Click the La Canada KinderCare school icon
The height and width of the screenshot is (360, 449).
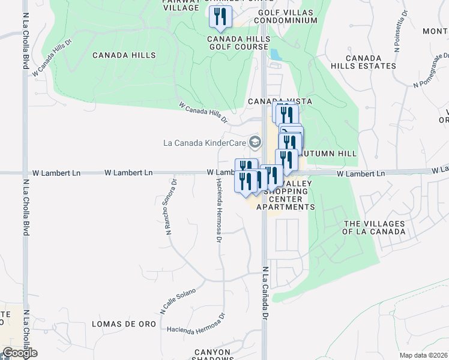255,142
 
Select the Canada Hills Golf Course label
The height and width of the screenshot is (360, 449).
239,43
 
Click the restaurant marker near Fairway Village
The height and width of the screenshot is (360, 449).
220,16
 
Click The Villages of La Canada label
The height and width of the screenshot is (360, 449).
374,227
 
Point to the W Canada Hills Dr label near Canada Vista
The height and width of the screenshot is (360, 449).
203,112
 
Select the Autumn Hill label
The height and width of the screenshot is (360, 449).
328,154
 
